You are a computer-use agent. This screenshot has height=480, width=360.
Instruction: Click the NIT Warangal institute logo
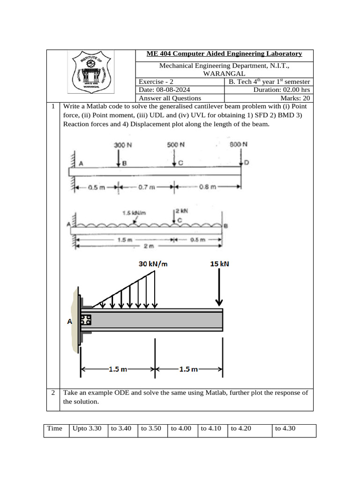[90, 73]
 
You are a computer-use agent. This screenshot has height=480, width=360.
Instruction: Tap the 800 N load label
[239, 144]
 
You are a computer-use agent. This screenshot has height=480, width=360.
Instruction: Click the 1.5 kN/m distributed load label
[134, 213]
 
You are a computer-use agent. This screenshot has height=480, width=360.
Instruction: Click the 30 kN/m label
[153, 264]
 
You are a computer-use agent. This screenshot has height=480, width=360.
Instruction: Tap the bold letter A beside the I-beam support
[70, 322]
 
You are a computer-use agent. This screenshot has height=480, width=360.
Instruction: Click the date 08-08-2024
[164, 90]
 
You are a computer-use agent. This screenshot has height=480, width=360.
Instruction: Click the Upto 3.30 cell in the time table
[87, 428]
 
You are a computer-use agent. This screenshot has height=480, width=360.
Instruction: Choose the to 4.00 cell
[181, 428]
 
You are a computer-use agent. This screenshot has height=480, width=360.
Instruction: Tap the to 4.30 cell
[285, 428]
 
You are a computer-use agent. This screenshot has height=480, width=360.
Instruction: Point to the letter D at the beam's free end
[247, 163]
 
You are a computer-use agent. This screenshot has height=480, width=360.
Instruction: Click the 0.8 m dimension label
[207, 187]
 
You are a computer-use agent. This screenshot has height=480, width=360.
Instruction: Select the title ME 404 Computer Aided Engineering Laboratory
[224, 54]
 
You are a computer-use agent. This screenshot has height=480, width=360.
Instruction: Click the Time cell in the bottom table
[55, 428]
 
